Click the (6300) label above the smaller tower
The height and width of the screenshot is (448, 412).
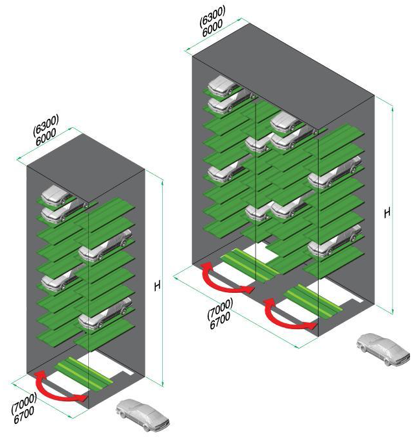point(45,125)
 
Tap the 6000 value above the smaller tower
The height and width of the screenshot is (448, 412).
point(45,137)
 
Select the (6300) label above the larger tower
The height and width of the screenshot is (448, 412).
point(212,16)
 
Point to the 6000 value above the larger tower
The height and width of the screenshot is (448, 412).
point(212,28)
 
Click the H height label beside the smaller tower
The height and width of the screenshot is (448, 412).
point(157,286)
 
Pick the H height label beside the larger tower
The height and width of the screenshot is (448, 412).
point(387,213)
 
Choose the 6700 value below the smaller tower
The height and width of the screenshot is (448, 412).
point(24,415)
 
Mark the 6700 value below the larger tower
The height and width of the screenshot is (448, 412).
point(220,321)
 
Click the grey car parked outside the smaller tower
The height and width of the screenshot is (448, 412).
point(143,415)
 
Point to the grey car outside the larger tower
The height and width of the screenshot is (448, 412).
point(383,349)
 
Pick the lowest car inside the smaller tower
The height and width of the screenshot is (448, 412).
point(105,314)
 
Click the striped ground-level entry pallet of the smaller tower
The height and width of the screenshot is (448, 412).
point(85,372)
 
